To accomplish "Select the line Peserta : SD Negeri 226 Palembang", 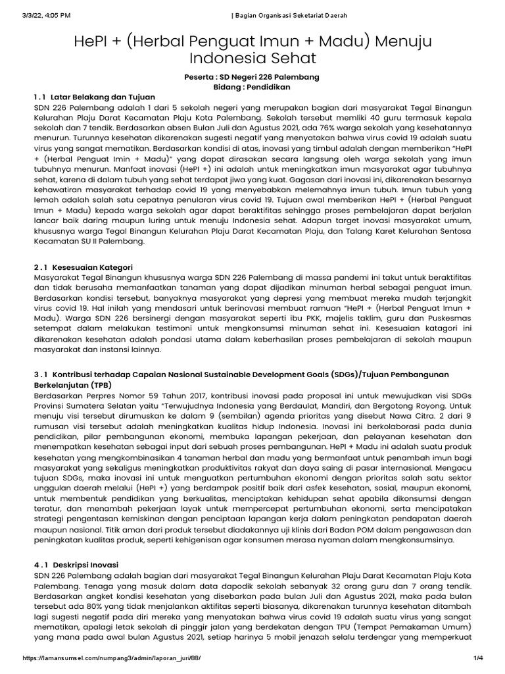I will click(x=252, y=77).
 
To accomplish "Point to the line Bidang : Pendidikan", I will click(x=252, y=87).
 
